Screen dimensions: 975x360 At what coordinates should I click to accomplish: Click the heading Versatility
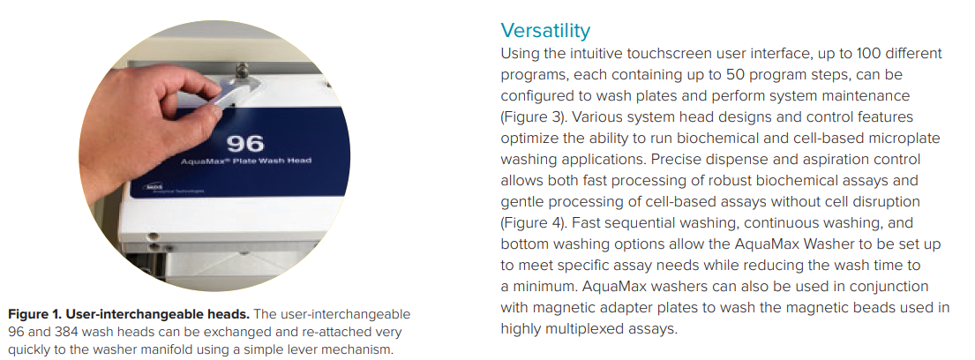(x=545, y=31)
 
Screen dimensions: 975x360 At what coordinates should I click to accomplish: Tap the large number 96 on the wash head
(x=245, y=144)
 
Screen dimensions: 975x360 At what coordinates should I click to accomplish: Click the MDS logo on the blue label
(x=153, y=185)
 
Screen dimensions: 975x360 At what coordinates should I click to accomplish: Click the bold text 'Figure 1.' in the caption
(x=34, y=314)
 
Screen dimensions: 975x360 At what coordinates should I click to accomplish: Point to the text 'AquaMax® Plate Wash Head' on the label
(x=245, y=161)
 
